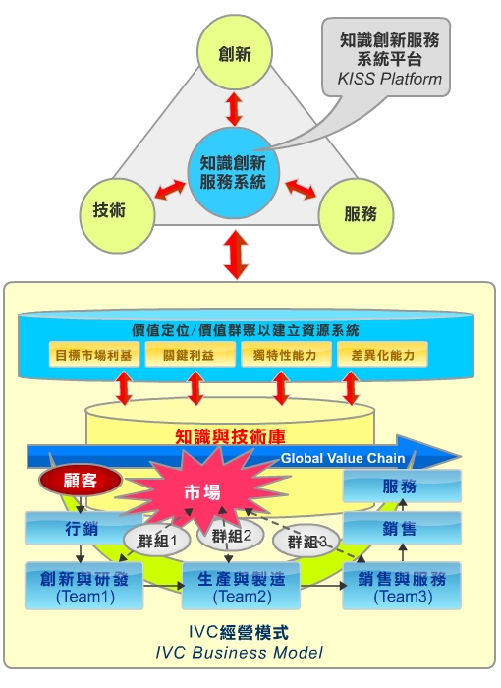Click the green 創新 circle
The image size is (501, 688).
[x=235, y=52]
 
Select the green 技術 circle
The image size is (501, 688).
[x=117, y=215]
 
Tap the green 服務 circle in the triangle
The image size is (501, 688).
[x=356, y=215]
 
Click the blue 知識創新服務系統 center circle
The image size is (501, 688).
[x=234, y=173]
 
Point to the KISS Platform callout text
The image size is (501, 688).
[x=390, y=79]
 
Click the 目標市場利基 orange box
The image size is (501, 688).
[x=94, y=355]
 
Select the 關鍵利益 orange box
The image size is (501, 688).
[x=190, y=355]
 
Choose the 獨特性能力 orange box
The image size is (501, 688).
[x=286, y=355]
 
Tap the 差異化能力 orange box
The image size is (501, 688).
[x=382, y=355]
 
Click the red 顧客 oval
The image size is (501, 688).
[x=81, y=481]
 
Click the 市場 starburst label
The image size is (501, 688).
[x=202, y=492]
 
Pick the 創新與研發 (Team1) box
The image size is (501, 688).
[x=83, y=586]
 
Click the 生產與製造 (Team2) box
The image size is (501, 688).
[x=241, y=586]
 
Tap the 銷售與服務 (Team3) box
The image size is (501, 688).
[x=402, y=586]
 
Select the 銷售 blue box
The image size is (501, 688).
[x=402, y=529]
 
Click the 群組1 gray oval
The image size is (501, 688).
[x=157, y=541]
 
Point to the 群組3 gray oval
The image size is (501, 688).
[x=306, y=541]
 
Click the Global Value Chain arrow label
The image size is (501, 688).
[x=343, y=459]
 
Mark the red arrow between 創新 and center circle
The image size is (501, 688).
[x=234, y=109]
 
